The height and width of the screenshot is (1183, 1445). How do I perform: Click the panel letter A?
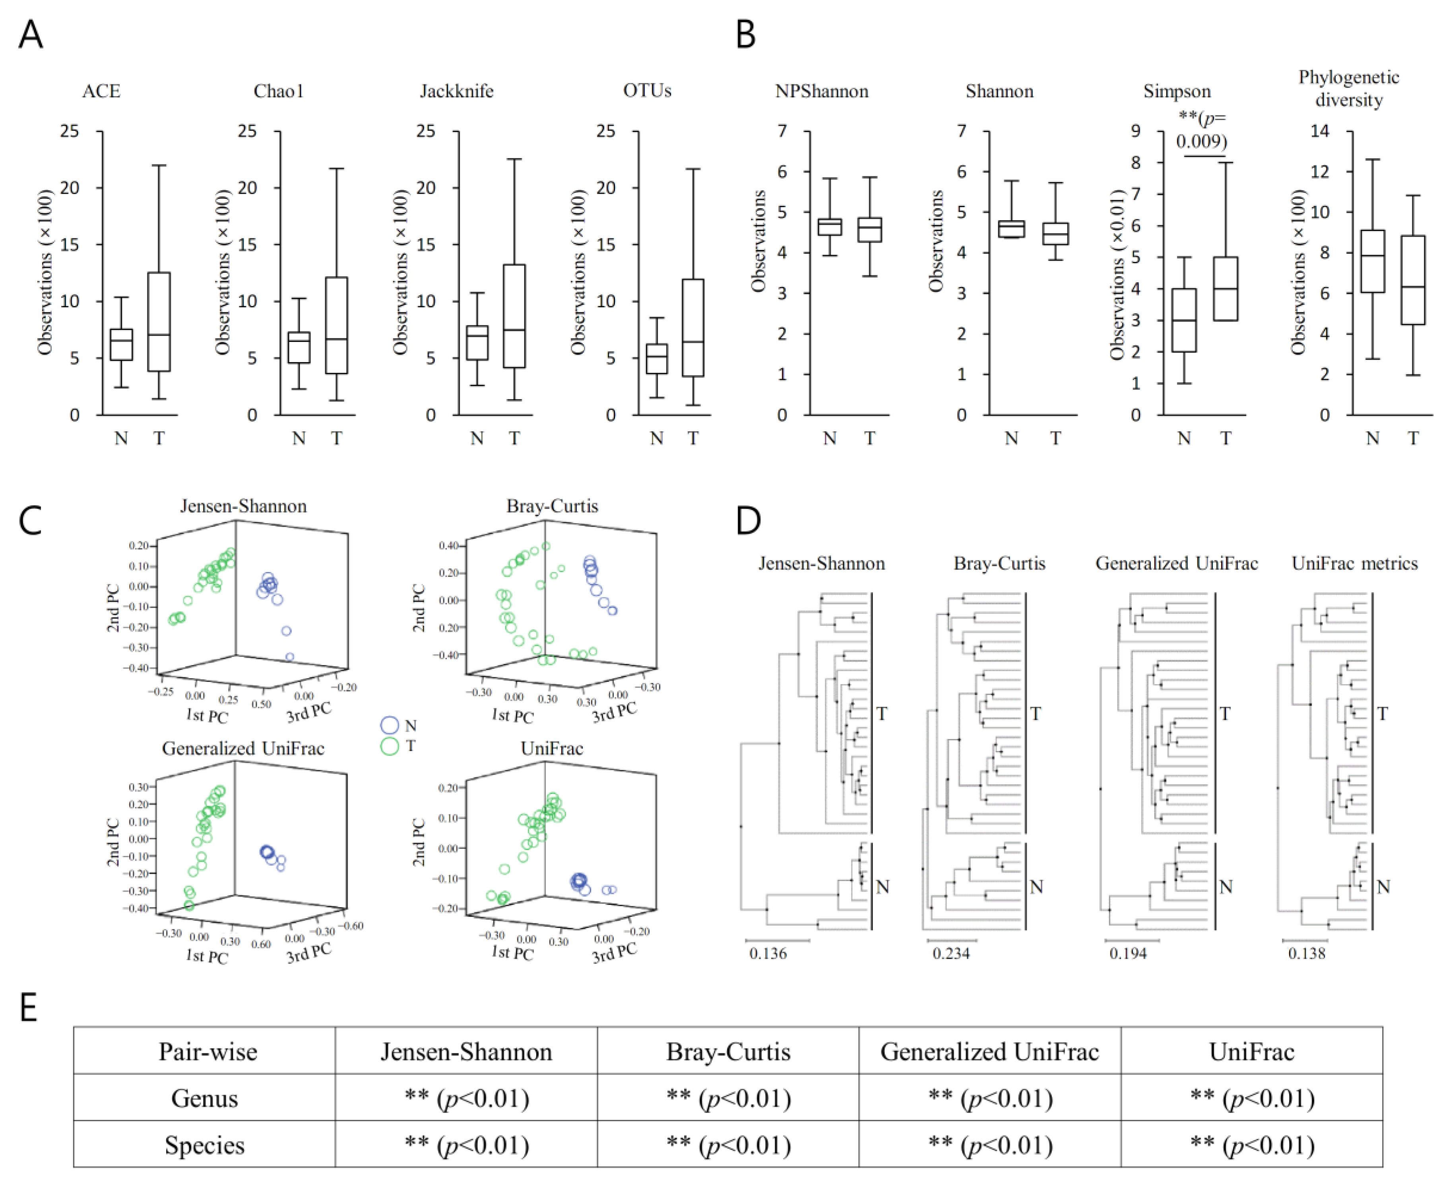pyautogui.click(x=31, y=34)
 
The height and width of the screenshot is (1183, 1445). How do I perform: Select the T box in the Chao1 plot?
pyautogui.click(x=337, y=325)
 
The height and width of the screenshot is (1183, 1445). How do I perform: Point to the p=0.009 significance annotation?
pyautogui.click(x=1203, y=130)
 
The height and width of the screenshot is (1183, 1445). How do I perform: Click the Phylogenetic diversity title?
pyautogui.click(x=1348, y=89)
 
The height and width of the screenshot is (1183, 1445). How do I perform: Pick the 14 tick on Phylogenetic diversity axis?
pyautogui.click(x=1320, y=131)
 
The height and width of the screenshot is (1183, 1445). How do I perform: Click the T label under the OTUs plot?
pyautogui.click(x=693, y=438)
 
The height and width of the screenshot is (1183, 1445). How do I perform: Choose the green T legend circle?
pyautogui.click(x=389, y=746)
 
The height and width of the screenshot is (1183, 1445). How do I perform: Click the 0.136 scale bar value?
pyautogui.click(x=768, y=953)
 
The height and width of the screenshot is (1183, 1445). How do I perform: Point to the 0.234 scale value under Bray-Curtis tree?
pyautogui.click(x=951, y=953)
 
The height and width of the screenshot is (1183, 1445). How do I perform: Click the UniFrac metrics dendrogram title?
pyautogui.click(x=1354, y=564)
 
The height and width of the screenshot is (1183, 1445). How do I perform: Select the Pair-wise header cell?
pyautogui.click(x=208, y=1051)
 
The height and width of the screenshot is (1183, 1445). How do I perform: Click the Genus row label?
pyautogui.click(x=204, y=1098)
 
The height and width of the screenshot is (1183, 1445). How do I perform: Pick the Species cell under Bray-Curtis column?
pyautogui.click(x=728, y=1146)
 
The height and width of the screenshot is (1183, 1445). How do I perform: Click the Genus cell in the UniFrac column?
pyautogui.click(x=1251, y=1098)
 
